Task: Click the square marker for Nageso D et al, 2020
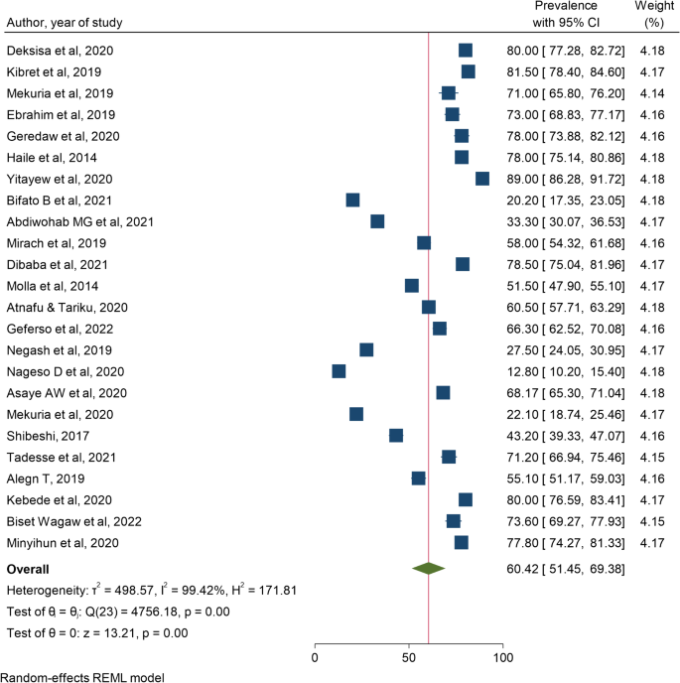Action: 339,371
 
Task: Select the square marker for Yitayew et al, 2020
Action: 482,179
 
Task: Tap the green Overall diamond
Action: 429,569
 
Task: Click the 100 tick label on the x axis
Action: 503,658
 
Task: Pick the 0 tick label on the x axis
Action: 315,658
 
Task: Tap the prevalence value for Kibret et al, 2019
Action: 562,71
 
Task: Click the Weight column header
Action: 654,7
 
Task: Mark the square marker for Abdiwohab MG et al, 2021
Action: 377,221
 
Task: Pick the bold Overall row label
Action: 30,570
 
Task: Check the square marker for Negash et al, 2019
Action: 366,349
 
